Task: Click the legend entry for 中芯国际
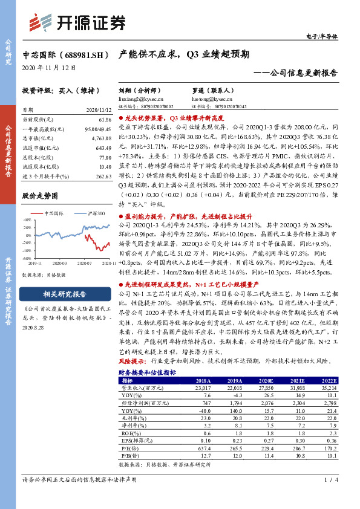point(53,213)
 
